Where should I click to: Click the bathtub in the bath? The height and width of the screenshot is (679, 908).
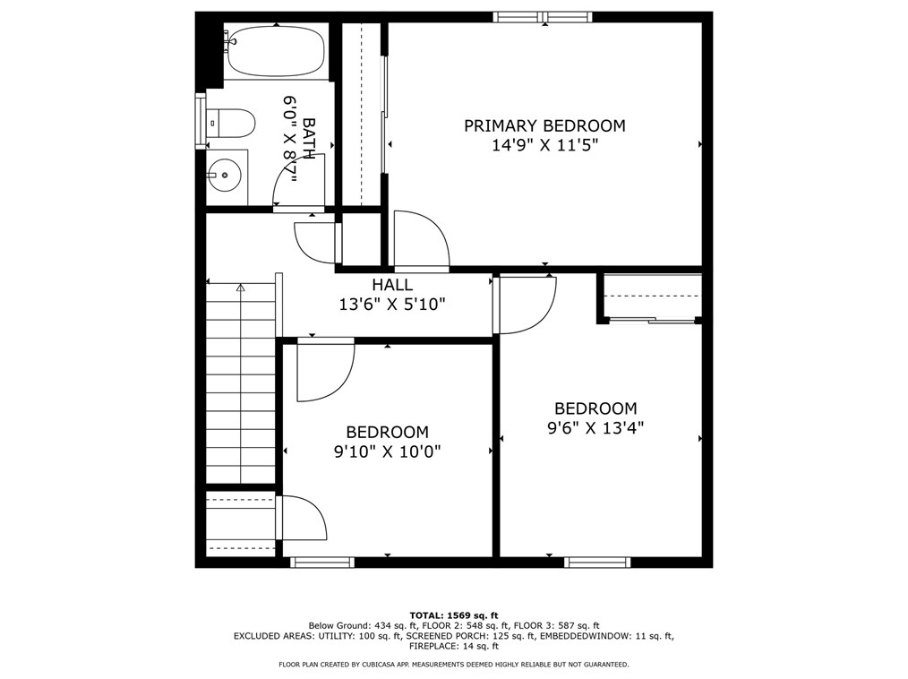(276, 50)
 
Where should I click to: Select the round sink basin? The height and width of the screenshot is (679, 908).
(224, 175)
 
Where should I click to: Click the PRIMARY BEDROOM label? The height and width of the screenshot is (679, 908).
(544, 125)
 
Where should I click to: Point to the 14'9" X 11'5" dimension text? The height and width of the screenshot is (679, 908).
(544, 145)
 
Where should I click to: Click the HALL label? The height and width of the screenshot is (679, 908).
(392, 285)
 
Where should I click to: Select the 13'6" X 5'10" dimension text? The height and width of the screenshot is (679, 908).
(392, 304)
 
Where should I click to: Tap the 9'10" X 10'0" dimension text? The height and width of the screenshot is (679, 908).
(388, 451)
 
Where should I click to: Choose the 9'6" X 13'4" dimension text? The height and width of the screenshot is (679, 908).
(595, 428)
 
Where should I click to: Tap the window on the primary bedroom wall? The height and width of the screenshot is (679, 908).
(543, 17)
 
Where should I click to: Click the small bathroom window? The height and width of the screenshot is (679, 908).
(201, 120)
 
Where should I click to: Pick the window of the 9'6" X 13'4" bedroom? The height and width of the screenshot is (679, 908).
(597, 562)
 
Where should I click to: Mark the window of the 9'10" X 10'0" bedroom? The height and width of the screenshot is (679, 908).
(322, 562)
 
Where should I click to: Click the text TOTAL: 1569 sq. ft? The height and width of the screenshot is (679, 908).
(454, 615)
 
